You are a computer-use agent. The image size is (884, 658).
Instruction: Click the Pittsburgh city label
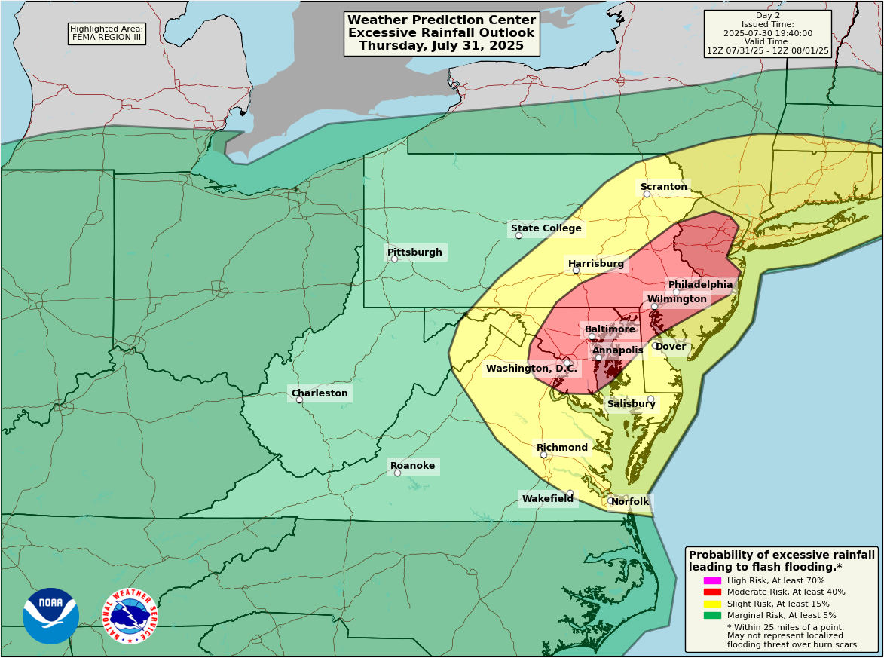click(x=414, y=252)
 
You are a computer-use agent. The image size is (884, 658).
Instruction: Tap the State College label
click(x=546, y=228)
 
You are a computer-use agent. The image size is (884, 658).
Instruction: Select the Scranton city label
click(x=663, y=187)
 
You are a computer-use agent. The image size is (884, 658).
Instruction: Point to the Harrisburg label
click(x=595, y=264)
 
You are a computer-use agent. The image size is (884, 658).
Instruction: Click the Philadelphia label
click(x=700, y=285)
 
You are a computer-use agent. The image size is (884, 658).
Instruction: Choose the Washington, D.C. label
click(x=531, y=369)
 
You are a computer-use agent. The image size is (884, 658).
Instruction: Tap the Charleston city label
click(x=320, y=393)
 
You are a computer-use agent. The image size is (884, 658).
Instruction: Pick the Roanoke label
click(x=412, y=466)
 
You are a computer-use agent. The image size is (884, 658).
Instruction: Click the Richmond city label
click(x=561, y=448)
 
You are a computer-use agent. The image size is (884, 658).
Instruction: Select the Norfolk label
click(x=629, y=502)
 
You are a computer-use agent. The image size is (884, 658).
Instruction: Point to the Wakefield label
click(x=547, y=499)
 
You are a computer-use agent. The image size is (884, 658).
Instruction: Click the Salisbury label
click(x=631, y=404)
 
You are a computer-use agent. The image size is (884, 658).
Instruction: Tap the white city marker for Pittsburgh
click(x=394, y=259)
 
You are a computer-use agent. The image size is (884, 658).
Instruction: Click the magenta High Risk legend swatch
click(x=712, y=580)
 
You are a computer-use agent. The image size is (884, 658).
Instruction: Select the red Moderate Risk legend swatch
click(x=712, y=592)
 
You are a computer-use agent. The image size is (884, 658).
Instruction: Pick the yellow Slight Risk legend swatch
click(x=712, y=604)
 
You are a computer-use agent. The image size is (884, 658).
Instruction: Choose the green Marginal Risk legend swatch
click(x=712, y=616)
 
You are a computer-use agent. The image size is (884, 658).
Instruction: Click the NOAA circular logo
click(x=50, y=616)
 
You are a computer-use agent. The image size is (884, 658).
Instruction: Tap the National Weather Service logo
click(x=130, y=616)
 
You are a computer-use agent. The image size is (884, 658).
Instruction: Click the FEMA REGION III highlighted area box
click(x=106, y=33)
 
